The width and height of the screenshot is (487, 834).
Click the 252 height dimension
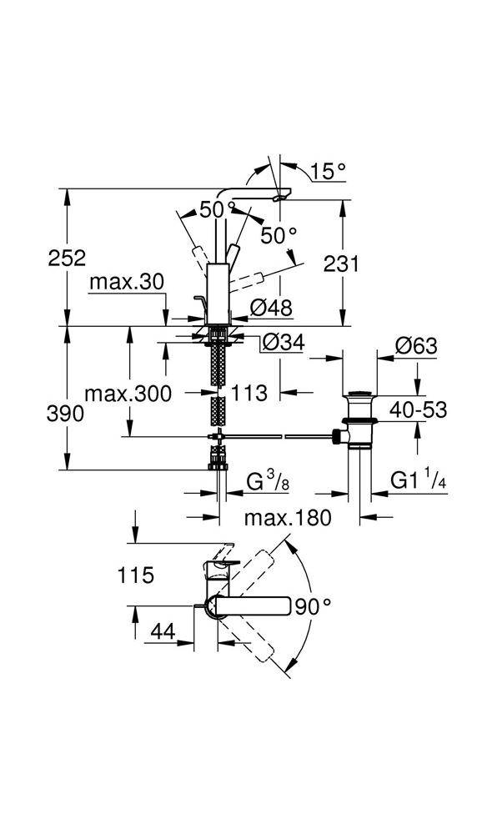pos(67,259)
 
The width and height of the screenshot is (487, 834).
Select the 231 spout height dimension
pos(341,264)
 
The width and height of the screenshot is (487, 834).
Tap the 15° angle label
pos(328,171)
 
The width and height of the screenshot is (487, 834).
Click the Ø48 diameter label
pos(271,308)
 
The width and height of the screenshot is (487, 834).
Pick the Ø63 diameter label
pos(416,346)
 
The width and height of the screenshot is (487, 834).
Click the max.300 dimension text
pos(128,394)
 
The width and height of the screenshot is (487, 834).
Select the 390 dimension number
pos(65,414)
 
